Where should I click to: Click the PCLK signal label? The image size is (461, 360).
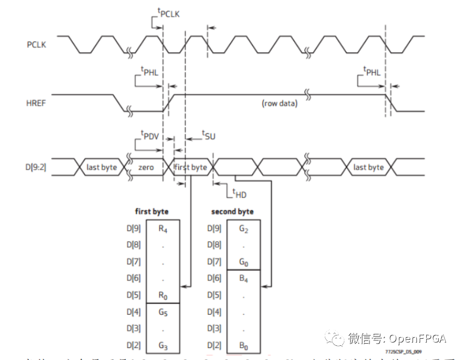pos(37,45)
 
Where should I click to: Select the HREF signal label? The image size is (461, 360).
pos(36,102)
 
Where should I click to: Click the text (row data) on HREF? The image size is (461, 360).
pos(280,103)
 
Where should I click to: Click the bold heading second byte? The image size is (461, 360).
pos(232,211)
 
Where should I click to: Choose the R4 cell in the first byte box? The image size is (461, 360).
pos(163,229)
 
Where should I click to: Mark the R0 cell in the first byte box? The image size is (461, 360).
pos(163,296)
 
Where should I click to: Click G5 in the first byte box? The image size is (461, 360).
pos(163,313)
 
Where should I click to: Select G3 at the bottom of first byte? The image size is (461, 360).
pos(163,346)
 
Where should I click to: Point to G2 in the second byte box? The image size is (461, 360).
pos(244,229)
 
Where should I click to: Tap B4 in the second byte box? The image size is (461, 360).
pos(244,279)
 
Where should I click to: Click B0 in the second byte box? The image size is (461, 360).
pos(244,346)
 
